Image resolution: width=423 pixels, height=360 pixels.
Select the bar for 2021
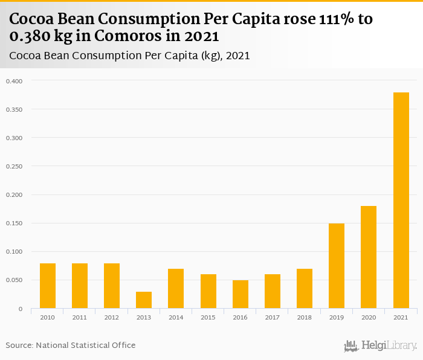(x=401, y=201)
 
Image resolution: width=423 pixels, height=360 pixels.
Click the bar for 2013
(x=144, y=300)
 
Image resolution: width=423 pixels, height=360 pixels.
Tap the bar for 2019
(x=337, y=266)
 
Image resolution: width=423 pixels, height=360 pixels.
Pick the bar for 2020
(x=369, y=257)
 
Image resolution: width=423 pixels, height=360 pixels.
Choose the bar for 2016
(x=241, y=294)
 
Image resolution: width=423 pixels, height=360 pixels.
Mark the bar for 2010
(x=48, y=286)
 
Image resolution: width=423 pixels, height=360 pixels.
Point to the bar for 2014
(x=176, y=289)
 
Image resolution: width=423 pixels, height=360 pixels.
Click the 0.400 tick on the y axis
(x=14, y=81)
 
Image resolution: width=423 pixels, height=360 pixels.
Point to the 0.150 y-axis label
(x=14, y=223)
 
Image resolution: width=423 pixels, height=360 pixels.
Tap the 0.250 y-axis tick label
(x=14, y=167)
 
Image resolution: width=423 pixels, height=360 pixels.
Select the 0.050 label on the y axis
(x=14, y=280)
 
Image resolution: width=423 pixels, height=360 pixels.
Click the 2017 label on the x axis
(x=273, y=317)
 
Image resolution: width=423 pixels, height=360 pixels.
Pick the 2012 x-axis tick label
(x=112, y=317)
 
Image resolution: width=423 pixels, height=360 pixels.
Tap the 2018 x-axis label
(x=305, y=317)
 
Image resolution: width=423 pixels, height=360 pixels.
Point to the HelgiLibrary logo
(x=381, y=346)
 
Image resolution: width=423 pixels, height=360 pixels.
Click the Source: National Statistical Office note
(x=71, y=346)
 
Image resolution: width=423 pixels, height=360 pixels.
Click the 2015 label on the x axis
(x=208, y=317)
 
